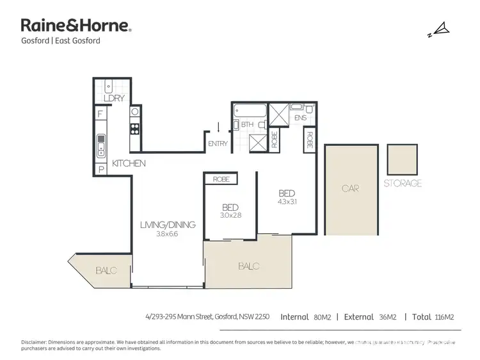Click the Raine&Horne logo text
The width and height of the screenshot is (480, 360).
76,26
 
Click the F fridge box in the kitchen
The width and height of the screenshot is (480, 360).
100,115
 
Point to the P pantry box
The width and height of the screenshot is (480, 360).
100,170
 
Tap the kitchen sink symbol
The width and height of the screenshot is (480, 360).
100,146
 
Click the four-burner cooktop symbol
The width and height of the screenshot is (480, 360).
135,128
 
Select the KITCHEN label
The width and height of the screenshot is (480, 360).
129,164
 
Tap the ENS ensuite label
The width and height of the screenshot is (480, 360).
300,119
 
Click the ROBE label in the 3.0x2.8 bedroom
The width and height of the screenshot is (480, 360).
221,180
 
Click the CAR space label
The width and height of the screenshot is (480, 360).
349,189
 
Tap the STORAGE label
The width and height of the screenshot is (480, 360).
402,183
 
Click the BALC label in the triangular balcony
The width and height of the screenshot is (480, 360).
107,271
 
